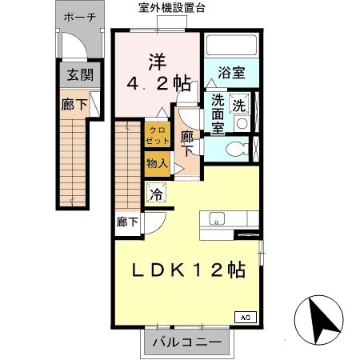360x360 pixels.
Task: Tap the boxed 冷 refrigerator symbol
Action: pyautogui.click(x=157, y=193)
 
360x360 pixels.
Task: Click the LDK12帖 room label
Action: pyautogui.click(x=189, y=270)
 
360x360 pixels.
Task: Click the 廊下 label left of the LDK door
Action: pyautogui.click(x=127, y=222)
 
